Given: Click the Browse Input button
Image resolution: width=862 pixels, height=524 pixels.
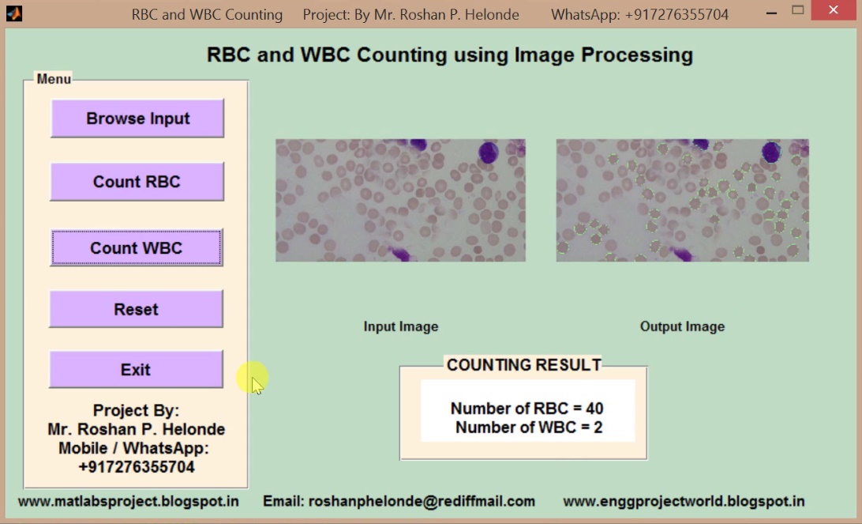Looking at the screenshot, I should [137, 119].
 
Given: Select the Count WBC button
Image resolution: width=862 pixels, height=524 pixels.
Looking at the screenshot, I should [137, 248].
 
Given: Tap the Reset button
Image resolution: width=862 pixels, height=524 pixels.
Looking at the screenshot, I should [136, 309].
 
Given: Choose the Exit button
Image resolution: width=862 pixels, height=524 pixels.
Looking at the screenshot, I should [136, 370].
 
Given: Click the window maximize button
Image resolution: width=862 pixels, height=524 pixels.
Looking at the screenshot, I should [797, 10].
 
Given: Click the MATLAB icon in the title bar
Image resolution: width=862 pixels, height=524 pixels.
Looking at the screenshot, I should [14, 13].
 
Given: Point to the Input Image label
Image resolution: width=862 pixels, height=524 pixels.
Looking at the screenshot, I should [400, 326].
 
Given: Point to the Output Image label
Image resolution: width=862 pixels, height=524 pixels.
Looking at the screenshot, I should [682, 326].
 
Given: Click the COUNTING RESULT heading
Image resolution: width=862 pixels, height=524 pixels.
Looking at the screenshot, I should [524, 365].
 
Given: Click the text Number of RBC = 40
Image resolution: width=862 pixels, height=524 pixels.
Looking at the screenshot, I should [527, 409].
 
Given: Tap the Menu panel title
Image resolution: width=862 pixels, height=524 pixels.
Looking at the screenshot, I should [54, 79].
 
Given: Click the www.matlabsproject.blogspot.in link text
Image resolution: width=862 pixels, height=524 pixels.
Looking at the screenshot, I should [129, 501].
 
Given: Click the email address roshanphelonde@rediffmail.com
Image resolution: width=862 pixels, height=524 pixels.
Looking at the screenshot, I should [399, 501].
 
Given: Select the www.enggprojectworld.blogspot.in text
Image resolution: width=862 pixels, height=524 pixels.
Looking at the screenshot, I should [684, 501].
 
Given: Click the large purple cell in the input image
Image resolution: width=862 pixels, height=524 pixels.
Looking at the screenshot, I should [489, 153].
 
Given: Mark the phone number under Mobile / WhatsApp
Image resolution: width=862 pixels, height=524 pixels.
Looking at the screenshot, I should [137, 467].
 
